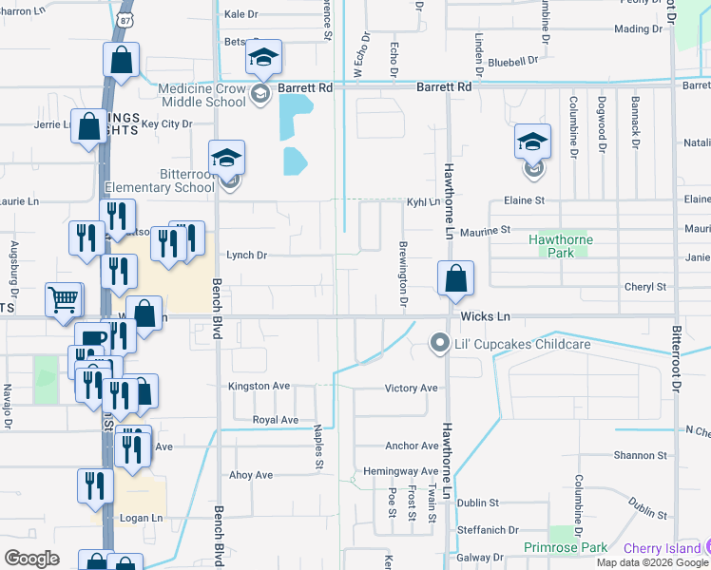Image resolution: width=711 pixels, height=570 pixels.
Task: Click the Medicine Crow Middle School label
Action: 204,95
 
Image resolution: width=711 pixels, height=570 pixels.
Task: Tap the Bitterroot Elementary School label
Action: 161,180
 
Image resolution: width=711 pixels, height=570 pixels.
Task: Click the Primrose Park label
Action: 565,547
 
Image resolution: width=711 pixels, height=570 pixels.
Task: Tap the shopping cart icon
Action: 64,300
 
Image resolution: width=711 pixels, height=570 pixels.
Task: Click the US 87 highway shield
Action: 121,18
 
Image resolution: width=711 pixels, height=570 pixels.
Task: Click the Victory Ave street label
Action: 411,389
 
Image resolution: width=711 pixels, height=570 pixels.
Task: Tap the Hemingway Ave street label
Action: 401,471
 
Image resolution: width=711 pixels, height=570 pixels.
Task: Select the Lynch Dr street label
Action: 246,256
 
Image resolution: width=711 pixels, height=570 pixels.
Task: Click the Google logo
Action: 32,558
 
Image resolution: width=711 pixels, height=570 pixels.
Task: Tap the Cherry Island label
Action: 664,548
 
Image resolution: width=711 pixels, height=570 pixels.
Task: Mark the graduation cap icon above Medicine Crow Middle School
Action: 263,58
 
